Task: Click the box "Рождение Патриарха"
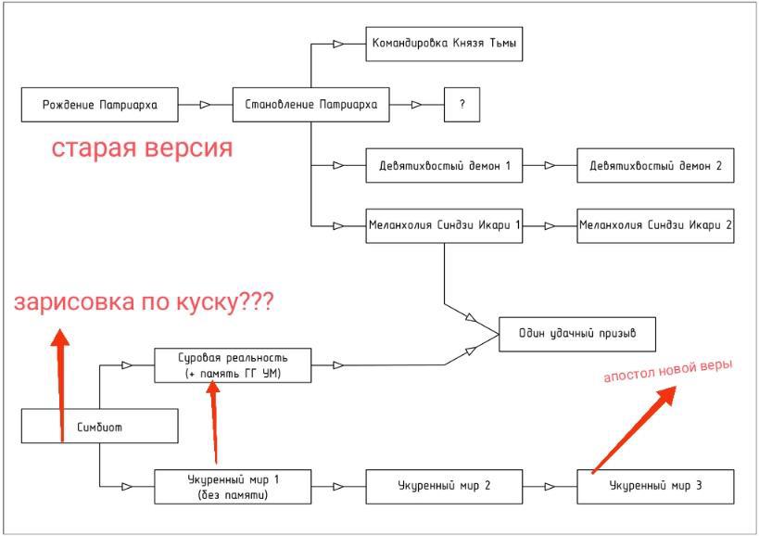(x=99, y=105)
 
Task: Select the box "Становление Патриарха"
(x=310, y=105)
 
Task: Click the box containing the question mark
(x=462, y=105)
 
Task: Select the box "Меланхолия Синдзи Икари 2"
(x=654, y=226)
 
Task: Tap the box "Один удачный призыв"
(x=579, y=334)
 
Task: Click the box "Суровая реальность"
(x=233, y=364)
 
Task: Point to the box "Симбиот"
(x=99, y=428)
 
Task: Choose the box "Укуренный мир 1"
(x=233, y=486)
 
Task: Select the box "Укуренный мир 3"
(x=654, y=486)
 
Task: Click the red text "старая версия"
(x=141, y=148)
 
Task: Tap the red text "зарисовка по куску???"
(x=145, y=303)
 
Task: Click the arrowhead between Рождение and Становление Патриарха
(x=201, y=105)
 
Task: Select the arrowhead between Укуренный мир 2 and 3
(x=552, y=486)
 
